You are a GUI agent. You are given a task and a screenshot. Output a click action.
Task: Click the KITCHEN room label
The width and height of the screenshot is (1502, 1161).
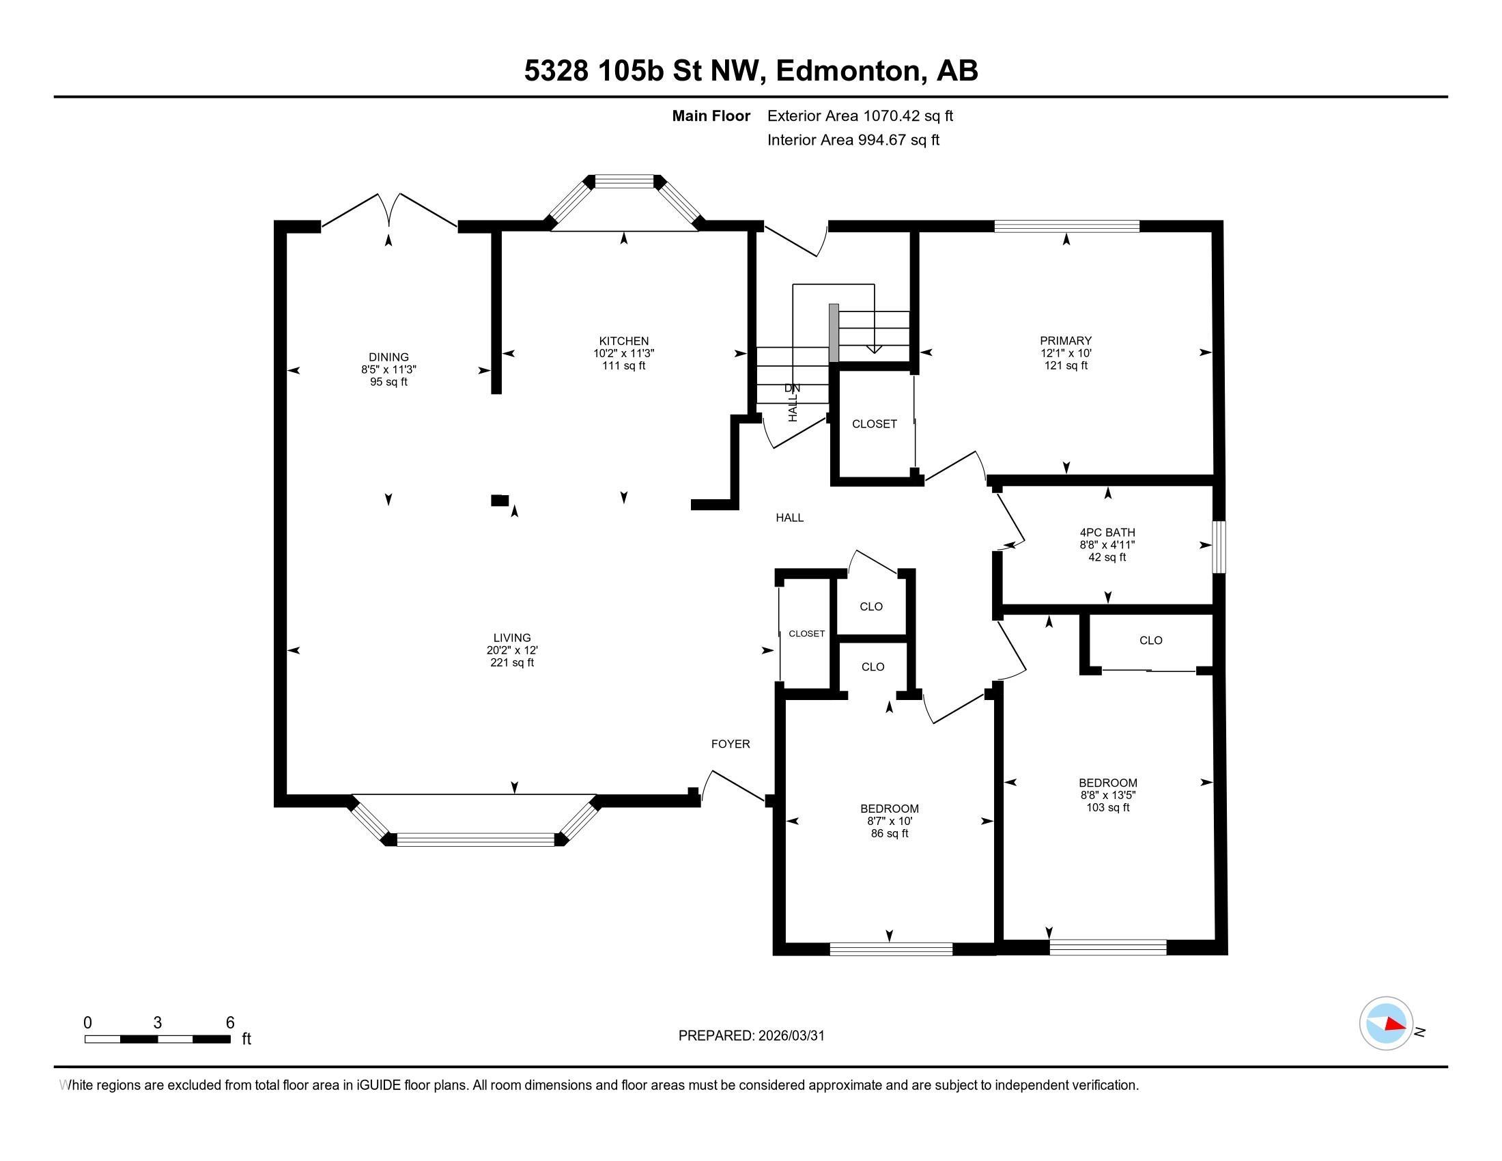(623, 341)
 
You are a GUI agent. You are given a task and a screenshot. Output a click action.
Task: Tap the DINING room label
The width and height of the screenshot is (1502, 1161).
(388, 357)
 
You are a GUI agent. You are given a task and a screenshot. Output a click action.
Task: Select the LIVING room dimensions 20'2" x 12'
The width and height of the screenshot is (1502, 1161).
(511, 650)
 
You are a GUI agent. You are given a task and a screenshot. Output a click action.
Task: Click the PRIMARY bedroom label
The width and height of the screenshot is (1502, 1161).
(1065, 341)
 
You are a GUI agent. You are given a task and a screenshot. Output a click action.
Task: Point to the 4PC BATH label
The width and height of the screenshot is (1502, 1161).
(1107, 533)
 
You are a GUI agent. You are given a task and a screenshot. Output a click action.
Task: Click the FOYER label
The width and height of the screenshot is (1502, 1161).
(730, 744)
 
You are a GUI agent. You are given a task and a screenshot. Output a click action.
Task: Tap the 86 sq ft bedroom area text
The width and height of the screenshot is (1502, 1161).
(889, 834)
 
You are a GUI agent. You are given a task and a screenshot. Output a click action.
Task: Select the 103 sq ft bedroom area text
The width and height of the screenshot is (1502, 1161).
(1107, 807)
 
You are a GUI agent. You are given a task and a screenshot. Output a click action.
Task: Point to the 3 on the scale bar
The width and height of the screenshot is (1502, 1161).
(158, 1023)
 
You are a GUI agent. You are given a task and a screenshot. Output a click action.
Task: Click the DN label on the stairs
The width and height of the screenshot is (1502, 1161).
(791, 388)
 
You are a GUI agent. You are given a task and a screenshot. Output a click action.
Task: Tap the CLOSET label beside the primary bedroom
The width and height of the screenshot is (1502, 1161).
(874, 424)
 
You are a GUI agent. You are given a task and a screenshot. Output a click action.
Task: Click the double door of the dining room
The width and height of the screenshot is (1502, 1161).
(389, 209)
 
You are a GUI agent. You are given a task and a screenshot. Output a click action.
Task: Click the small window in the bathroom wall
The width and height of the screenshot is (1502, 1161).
(1218, 547)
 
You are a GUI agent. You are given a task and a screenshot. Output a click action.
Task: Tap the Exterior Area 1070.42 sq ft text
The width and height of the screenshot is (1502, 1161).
(860, 116)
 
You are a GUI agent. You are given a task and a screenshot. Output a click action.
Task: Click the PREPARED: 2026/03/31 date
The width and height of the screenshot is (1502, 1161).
(751, 1036)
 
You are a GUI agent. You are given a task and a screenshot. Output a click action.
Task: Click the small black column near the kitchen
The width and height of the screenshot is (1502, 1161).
(499, 500)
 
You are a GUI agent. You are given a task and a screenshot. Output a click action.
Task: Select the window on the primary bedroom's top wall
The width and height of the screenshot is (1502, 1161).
(1066, 225)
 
